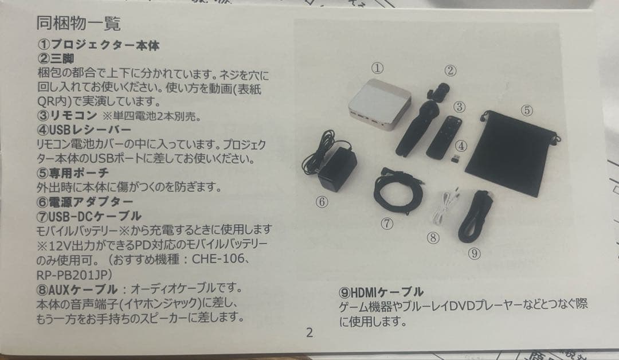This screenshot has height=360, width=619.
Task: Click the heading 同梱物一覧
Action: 79,25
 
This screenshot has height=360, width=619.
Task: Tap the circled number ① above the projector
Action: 377,68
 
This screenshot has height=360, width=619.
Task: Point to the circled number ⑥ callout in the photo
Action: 322,202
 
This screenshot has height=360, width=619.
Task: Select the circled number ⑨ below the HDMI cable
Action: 473,252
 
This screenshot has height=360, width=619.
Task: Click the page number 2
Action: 309,333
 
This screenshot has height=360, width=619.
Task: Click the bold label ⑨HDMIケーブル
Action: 381,292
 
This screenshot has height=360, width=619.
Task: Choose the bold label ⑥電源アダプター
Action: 85,202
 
